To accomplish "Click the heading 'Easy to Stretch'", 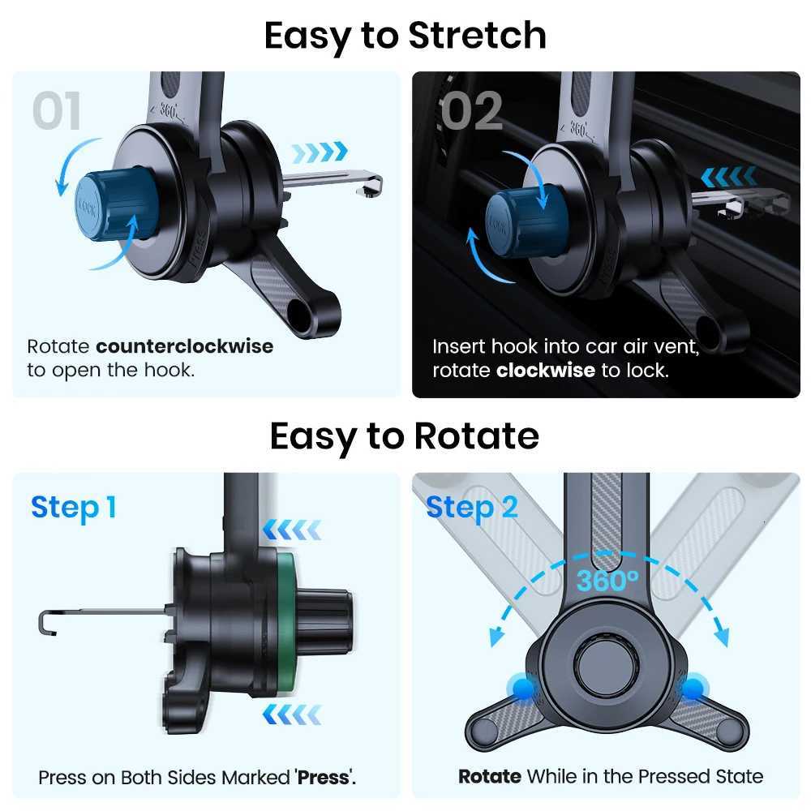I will point(405,36).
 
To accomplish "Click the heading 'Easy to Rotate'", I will point(404,436).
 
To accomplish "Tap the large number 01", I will point(57,111).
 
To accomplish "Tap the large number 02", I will point(471,111).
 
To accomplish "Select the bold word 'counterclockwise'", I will point(185,346).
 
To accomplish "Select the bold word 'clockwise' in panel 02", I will point(546,371).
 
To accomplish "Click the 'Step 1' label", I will point(74,508).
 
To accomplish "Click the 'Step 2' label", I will point(471,508).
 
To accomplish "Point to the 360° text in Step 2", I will point(608,581).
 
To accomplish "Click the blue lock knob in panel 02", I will point(523,221).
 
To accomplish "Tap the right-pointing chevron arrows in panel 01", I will point(319,151).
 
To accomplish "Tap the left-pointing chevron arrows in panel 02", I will point(729,176).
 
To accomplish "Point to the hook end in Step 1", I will point(45,623).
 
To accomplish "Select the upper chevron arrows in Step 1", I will point(292,530).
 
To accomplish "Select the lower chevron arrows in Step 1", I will point(292,714).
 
